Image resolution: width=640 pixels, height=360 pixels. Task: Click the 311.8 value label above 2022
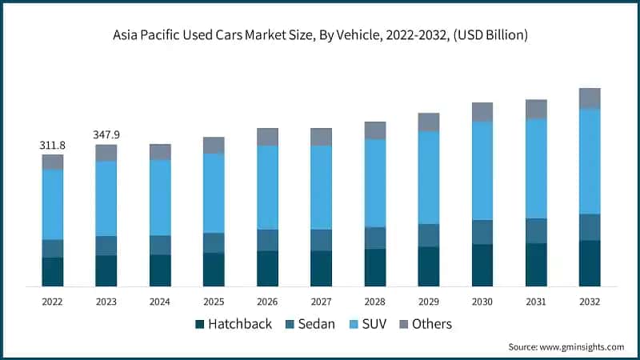tap(52, 146)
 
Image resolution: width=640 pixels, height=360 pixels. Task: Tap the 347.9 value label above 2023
tap(106, 135)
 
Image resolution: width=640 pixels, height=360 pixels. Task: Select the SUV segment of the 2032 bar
tap(590, 161)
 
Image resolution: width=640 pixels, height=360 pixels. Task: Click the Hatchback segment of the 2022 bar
tap(53, 271)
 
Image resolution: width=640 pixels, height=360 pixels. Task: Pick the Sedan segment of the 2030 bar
tap(482, 232)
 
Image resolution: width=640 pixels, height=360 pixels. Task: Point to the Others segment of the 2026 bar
tap(267, 137)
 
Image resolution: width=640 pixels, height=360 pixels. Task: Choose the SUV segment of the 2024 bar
tap(160, 198)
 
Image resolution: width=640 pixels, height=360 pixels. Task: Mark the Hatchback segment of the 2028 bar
tap(375, 267)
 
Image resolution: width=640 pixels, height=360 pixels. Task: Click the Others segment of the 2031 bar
tap(536, 109)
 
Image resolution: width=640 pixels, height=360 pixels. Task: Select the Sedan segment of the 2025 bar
tap(214, 243)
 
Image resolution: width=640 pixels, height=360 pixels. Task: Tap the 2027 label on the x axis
tap(321, 302)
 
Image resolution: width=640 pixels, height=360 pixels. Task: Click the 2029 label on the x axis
tap(429, 302)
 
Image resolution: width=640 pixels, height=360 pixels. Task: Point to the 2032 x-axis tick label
tap(590, 302)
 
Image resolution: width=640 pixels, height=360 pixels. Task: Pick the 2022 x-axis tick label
tap(53, 302)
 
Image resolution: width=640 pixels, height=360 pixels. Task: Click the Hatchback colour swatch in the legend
tap(199, 325)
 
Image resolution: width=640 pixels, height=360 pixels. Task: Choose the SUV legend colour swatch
tap(355, 325)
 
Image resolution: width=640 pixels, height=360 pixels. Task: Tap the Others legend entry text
tap(432, 324)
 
